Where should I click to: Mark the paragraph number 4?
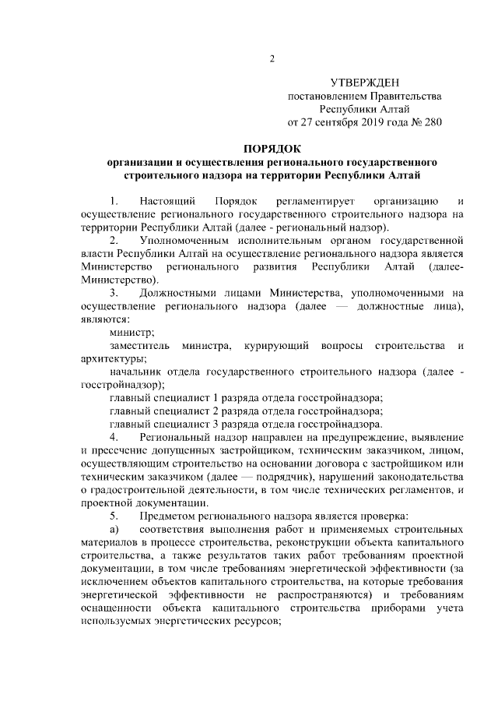[114, 437]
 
